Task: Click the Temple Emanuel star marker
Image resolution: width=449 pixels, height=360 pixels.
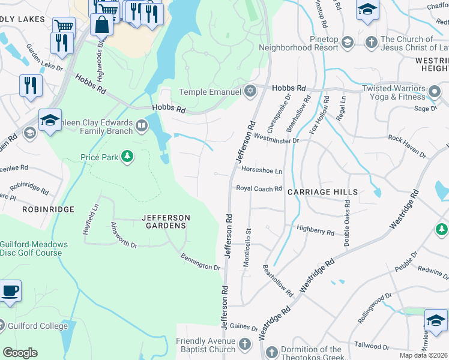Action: pos(250,92)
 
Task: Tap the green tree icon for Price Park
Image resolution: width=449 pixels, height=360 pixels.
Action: pos(127,157)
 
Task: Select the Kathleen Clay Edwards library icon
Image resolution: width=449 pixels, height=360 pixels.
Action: pos(142,125)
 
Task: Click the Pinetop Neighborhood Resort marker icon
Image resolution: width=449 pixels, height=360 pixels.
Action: pos(347,42)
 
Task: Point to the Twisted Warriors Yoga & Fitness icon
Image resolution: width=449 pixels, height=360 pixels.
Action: pos(435,93)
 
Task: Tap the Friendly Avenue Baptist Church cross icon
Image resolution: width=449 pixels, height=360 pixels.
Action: pos(244,344)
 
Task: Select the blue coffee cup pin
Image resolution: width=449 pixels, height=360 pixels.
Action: pos(10,292)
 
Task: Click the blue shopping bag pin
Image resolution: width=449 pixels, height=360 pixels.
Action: pos(101,25)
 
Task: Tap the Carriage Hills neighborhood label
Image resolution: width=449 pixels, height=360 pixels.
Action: pos(322,192)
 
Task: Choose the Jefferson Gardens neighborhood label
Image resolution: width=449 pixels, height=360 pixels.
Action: pos(166,221)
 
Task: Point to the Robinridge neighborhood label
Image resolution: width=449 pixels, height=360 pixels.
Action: pos(48,209)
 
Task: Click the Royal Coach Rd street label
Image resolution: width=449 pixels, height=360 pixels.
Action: pos(259,188)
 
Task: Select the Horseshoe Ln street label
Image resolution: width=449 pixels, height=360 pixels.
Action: pos(261,170)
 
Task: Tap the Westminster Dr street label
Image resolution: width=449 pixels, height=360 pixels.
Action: pos(276,140)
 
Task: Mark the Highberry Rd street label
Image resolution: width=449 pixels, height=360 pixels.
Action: pos(315,230)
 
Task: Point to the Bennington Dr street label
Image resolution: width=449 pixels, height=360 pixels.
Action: pos(200,262)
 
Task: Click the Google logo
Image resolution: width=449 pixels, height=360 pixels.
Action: pos(20,353)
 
